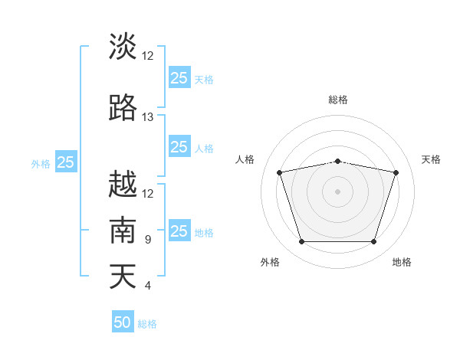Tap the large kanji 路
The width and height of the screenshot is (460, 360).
pyautogui.click(x=123, y=108)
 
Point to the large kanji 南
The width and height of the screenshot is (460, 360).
pyautogui.click(x=123, y=231)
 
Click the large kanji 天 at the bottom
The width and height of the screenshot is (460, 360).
pyautogui.click(x=123, y=276)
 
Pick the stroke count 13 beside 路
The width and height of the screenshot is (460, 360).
pyautogui.click(x=147, y=117)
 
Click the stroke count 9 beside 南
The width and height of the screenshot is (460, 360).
pyautogui.click(x=147, y=240)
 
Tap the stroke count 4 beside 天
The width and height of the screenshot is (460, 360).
pyautogui.click(x=147, y=286)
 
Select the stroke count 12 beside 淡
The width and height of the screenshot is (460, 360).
pyautogui.click(x=147, y=56)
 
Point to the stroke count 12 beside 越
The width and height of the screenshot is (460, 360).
pyautogui.click(x=147, y=193)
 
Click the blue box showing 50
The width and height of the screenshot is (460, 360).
pyautogui.click(x=123, y=322)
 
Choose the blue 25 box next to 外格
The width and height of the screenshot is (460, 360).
pyautogui.click(x=65, y=162)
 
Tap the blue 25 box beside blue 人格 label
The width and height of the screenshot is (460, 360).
pyautogui.click(x=179, y=147)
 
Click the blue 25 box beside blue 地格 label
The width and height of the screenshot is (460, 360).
pyautogui.click(x=179, y=231)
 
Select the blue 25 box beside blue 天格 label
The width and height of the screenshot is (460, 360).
pyautogui.click(x=179, y=78)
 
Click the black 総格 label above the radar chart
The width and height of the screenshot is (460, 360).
pyautogui.click(x=338, y=100)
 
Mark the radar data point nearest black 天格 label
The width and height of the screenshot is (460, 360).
pyautogui.click(x=396, y=172)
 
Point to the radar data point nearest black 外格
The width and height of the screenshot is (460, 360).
pyautogui.click(x=301, y=242)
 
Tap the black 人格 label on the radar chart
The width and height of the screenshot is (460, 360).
pyautogui.click(x=245, y=159)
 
